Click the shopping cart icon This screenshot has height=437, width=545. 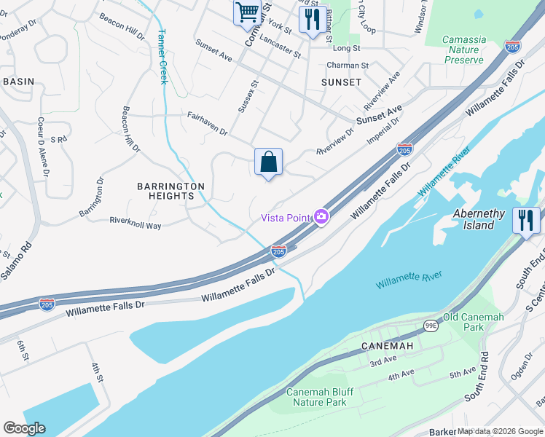247,12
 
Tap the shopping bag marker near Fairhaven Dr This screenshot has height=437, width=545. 268,162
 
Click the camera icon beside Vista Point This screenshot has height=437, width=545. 321,216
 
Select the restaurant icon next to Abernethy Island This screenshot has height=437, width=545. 526,220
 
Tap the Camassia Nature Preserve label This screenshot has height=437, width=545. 463,50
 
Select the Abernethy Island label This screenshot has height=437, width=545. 484,219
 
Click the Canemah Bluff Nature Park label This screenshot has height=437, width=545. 320,397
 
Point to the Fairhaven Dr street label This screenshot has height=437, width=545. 208,125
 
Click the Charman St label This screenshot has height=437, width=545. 348,66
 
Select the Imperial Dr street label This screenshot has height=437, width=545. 384,131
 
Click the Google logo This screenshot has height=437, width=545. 24,428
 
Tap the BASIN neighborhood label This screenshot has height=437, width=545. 18,82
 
